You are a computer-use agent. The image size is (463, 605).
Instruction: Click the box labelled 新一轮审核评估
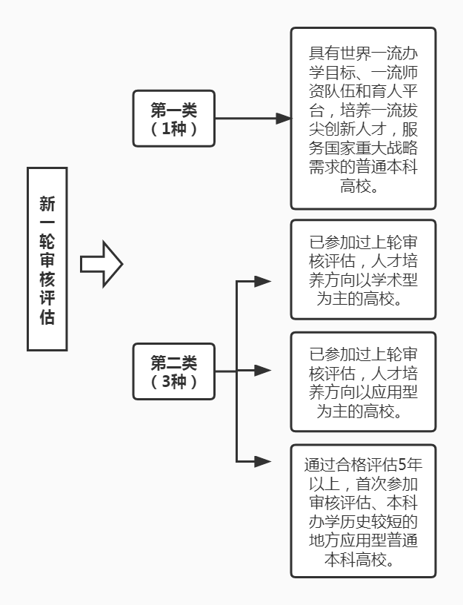(x=47, y=259)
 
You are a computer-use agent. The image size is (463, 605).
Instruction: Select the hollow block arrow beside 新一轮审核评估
(x=101, y=264)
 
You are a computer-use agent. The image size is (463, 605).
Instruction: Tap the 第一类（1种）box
(x=174, y=119)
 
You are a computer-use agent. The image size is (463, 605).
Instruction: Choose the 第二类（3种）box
(x=174, y=371)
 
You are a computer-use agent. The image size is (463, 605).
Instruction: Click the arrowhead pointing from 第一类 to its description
(x=283, y=119)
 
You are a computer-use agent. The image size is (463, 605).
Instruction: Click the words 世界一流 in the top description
(x=366, y=54)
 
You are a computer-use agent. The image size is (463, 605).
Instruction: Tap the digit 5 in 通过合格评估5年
(x=403, y=466)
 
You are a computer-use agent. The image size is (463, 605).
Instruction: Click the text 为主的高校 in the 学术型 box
(x=363, y=300)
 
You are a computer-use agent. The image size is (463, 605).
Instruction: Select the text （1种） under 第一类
(x=174, y=128)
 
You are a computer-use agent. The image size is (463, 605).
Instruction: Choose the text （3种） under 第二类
(x=174, y=381)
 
